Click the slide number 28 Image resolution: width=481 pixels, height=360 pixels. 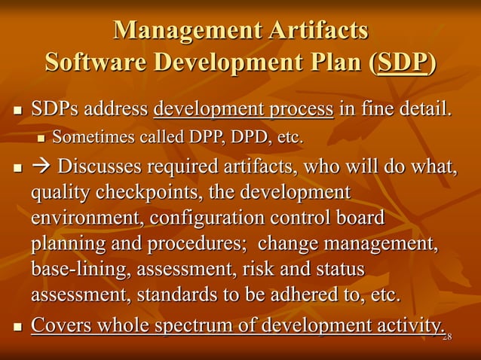(447, 336)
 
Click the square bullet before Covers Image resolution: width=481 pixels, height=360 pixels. (18, 327)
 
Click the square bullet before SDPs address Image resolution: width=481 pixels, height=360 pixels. (18, 111)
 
